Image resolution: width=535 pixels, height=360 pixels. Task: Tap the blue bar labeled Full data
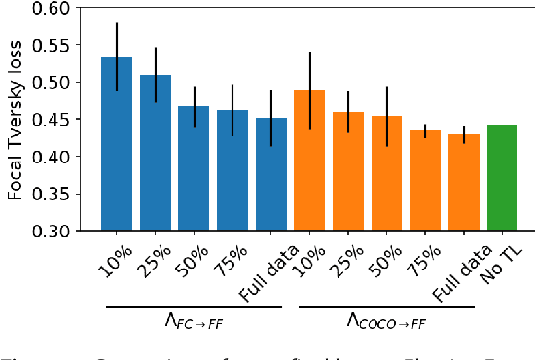tap(270, 174)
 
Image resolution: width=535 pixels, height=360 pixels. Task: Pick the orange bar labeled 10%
tap(309, 161)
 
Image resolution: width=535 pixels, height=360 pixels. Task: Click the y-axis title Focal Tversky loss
tap(16, 119)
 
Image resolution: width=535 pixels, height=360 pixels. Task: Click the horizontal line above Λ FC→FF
tap(193, 307)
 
